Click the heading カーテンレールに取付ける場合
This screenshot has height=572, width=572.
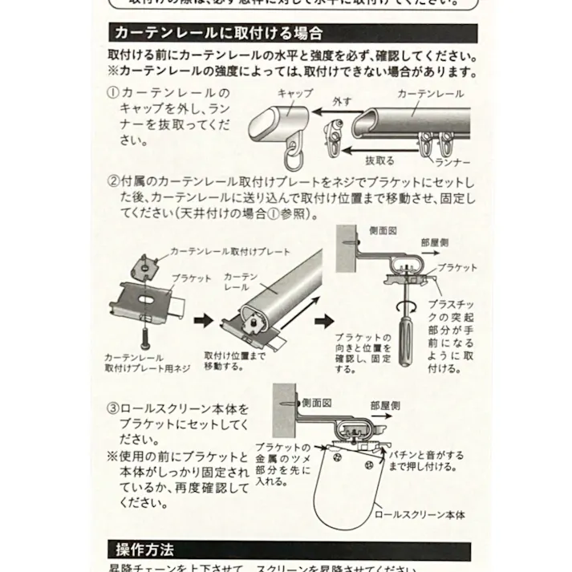[219, 33]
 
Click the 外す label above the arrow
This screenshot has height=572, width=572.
[343, 102]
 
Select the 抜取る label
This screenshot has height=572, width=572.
[379, 158]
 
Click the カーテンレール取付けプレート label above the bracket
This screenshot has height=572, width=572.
[230, 251]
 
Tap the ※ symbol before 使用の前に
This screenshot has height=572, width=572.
[112, 456]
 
